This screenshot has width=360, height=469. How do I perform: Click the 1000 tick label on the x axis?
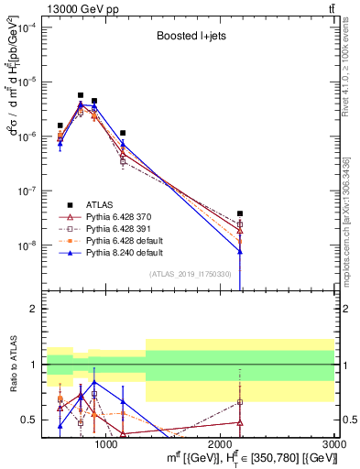click(x=106, y=444)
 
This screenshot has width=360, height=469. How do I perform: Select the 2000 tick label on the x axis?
click(x=220, y=444)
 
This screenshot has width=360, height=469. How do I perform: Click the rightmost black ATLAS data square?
click(x=240, y=213)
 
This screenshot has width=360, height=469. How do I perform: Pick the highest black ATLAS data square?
click(x=81, y=94)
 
